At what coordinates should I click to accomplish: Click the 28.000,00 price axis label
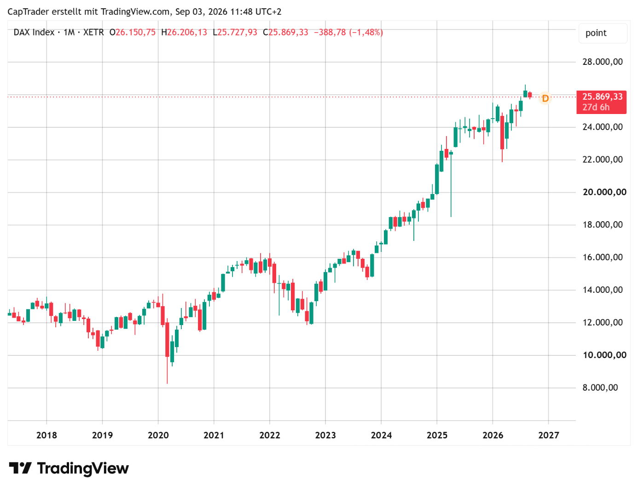[602, 62]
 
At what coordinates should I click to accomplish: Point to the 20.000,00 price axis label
[604, 192]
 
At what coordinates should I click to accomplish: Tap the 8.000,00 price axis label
[600, 388]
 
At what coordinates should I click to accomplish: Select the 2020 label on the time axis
[158, 435]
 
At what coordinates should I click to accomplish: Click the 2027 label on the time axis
[548, 435]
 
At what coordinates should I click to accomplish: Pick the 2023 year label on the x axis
[325, 435]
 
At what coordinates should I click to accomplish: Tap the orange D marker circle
[545, 98]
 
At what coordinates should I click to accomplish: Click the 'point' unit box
[603, 33]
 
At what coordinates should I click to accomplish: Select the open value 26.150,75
[135, 32]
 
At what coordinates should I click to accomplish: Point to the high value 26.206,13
[187, 32]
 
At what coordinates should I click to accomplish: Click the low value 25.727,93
[237, 32]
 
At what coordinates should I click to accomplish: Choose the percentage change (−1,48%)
[366, 32]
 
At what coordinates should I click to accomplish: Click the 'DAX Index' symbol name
[34, 32]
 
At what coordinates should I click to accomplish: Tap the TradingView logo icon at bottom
[20, 468]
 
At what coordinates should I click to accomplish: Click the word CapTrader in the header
[28, 12]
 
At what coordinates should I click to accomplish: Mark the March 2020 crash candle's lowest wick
[168, 383]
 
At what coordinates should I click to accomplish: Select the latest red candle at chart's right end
[530, 95]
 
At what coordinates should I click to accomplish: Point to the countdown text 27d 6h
[596, 107]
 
